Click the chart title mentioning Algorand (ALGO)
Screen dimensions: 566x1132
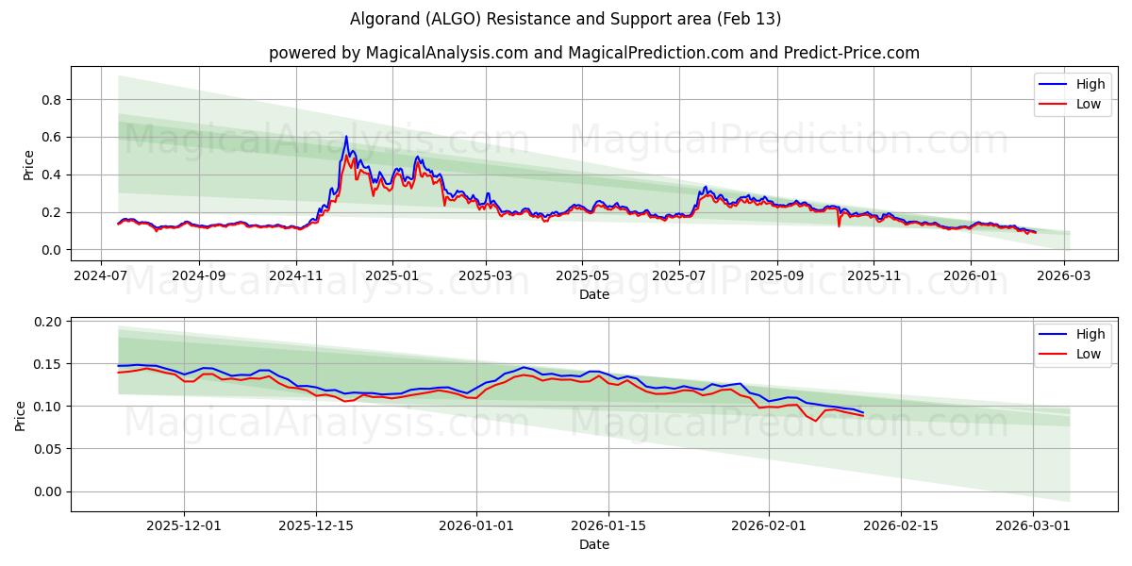point(565,19)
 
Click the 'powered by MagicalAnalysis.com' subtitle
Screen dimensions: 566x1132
point(593,53)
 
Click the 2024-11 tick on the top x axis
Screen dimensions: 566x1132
point(296,275)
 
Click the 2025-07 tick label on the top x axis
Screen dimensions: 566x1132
point(679,275)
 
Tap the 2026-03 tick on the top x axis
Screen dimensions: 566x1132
point(1065,275)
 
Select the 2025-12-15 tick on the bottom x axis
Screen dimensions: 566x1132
point(315,525)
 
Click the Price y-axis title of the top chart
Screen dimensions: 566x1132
point(28,165)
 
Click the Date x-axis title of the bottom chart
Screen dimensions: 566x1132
point(593,544)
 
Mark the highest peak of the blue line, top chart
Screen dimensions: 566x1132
point(346,136)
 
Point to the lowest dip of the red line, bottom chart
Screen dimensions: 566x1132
point(816,421)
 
